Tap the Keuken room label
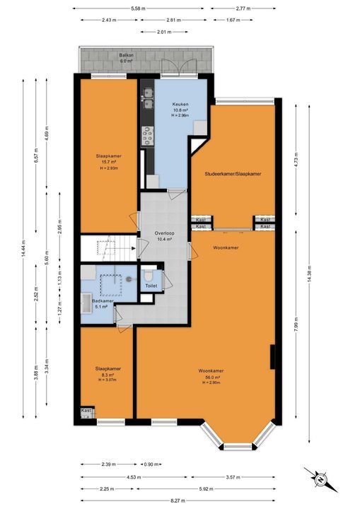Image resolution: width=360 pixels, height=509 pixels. pyautogui.click(x=180, y=104)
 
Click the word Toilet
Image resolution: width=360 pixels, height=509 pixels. pyautogui.click(x=151, y=285)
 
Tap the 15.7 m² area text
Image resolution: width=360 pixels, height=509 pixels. pyautogui.click(x=108, y=162)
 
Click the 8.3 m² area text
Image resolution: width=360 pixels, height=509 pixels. pyautogui.click(x=108, y=375)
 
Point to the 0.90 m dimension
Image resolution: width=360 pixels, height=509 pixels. pyautogui.click(x=151, y=464)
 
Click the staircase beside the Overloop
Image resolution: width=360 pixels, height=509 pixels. pyautogui.click(x=106, y=247)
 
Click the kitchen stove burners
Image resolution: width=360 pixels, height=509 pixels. pyautogui.click(x=149, y=134)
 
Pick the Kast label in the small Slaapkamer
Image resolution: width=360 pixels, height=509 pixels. pyautogui.click(x=87, y=411)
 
